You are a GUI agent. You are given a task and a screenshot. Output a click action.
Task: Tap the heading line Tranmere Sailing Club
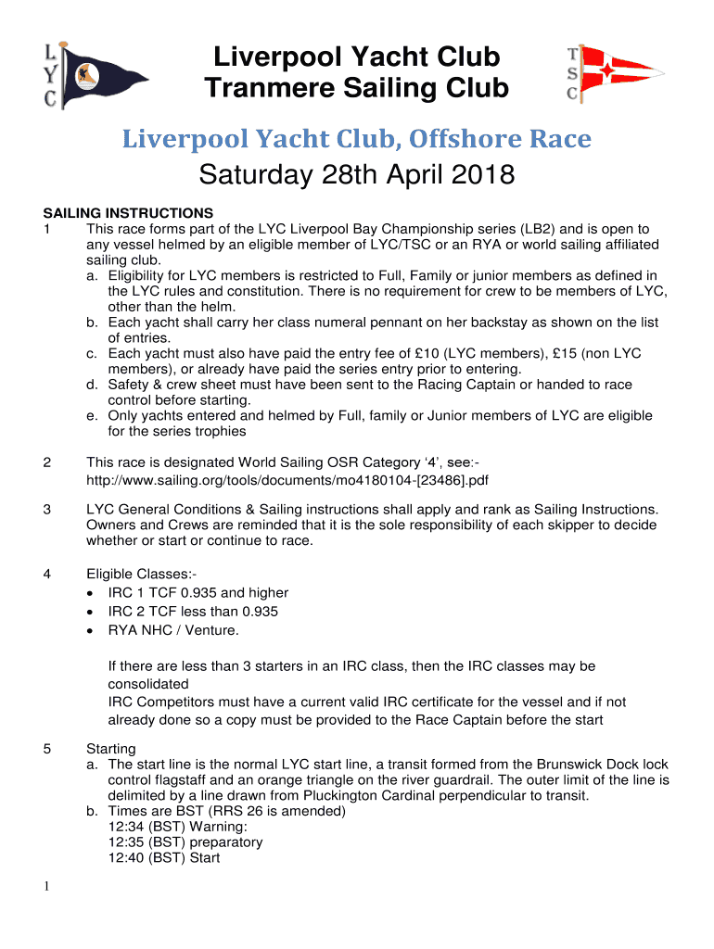coord(357,88)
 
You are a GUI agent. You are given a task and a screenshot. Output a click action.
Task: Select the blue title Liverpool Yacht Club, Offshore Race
coord(358,139)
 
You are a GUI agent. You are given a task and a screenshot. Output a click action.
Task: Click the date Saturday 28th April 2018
coord(357,174)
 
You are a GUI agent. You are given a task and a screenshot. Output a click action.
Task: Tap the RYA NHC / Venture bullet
coord(173,631)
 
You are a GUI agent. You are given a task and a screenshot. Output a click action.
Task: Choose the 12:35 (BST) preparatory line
coord(185,842)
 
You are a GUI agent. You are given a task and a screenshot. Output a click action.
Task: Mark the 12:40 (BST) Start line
coord(164,858)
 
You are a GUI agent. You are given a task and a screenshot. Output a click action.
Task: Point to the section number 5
coord(46,749)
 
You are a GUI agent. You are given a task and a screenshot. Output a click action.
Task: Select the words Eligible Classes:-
coord(134,574)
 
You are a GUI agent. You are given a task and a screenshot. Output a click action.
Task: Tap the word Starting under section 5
coord(110,749)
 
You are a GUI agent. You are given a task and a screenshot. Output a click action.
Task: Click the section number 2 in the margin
coord(46,462)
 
